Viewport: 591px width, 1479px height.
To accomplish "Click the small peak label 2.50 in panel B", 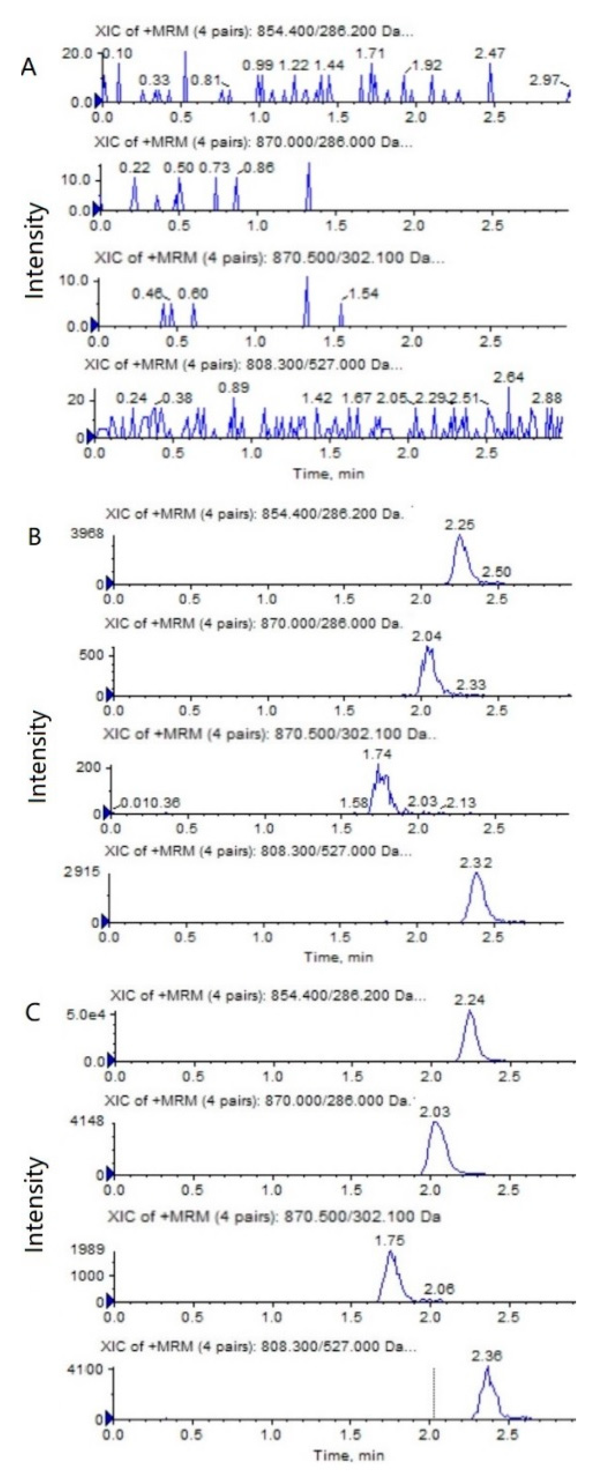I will pyautogui.click(x=496, y=572).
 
